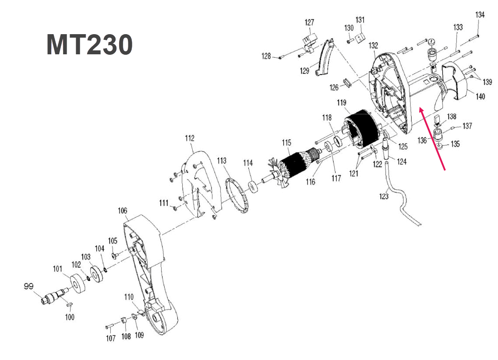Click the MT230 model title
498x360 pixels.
click(x=89, y=45)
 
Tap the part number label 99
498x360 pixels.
click(x=28, y=286)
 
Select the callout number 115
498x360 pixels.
click(x=286, y=143)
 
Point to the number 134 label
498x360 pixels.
click(x=480, y=15)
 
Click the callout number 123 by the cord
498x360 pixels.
click(x=384, y=196)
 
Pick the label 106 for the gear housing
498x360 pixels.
click(x=122, y=211)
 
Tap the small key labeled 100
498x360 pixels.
click(x=70, y=304)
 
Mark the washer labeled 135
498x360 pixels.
click(x=440, y=145)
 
